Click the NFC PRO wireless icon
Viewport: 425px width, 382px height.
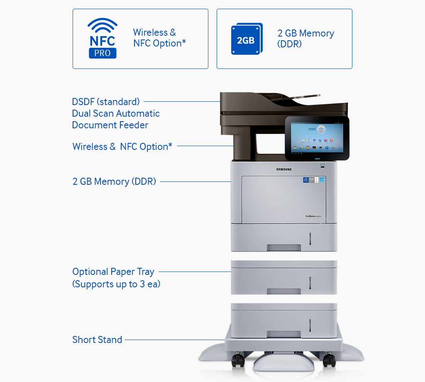pyautogui.click(x=102, y=38)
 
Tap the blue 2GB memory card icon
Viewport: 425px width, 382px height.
pyautogui.click(x=247, y=39)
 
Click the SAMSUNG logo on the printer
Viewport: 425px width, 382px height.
pyautogui.click(x=284, y=169)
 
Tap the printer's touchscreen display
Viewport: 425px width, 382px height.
pyautogui.click(x=317, y=137)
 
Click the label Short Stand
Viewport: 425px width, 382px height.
pyautogui.click(x=97, y=340)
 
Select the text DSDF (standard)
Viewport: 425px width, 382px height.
pyautogui.click(x=106, y=102)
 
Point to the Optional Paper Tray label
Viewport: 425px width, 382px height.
pyautogui.click(x=113, y=272)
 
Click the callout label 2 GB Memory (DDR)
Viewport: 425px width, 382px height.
pyautogui.click(x=114, y=181)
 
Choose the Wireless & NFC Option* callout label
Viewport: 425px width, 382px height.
pyautogui.click(x=122, y=147)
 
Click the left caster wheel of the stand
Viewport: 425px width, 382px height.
pyautogui.click(x=237, y=360)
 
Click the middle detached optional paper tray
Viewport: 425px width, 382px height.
pyautogui.click(x=284, y=277)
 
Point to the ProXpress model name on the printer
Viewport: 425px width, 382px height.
pyautogui.click(x=316, y=216)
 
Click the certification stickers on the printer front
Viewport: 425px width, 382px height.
pyautogui.click(x=314, y=180)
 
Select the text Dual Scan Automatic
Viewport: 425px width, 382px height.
pyautogui.click(x=116, y=113)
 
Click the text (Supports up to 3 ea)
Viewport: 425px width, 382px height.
pyautogui.click(x=116, y=284)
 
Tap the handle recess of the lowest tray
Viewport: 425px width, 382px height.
pyautogui.click(x=284, y=334)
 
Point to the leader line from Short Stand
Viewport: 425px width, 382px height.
pyautogui.click(x=174, y=340)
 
